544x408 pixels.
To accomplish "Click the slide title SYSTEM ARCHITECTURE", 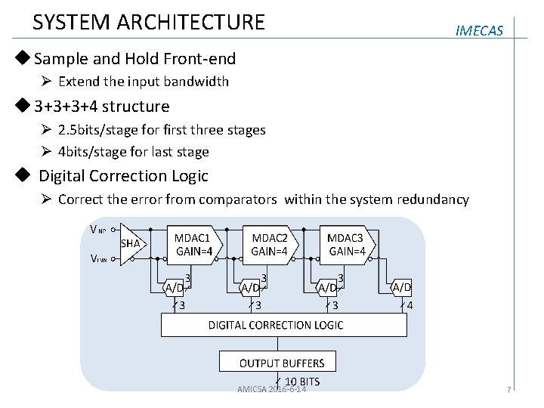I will click(149, 22).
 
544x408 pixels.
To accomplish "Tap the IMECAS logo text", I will click(480, 31).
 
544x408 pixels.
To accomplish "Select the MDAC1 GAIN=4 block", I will click(193, 243).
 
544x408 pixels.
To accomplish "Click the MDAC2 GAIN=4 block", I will click(270, 243).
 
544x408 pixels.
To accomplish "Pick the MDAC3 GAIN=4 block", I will click(347, 243).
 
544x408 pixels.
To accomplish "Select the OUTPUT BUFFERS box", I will click(281, 363).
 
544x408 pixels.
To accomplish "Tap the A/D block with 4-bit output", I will click(401, 287).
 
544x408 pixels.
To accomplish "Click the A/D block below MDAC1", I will click(174, 287).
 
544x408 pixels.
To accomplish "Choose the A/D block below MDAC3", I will click(327, 287).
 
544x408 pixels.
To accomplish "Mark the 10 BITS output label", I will click(302, 381).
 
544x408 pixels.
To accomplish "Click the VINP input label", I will click(97, 230).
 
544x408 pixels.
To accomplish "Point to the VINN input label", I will click(97, 258).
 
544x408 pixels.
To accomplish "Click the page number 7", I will click(509, 390).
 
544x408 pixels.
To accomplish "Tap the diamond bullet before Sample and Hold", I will click(26, 58).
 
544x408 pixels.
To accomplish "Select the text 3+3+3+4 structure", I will click(101, 106).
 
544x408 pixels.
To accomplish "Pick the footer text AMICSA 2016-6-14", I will click(271, 389).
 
